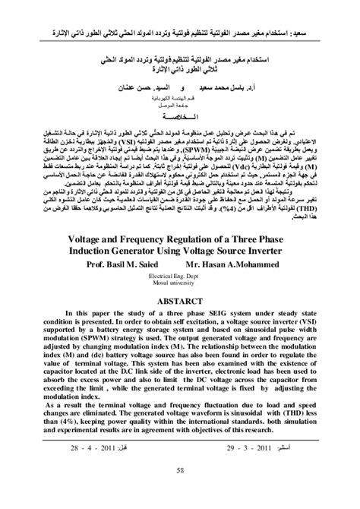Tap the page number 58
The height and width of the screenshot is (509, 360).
coord(180,492)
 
